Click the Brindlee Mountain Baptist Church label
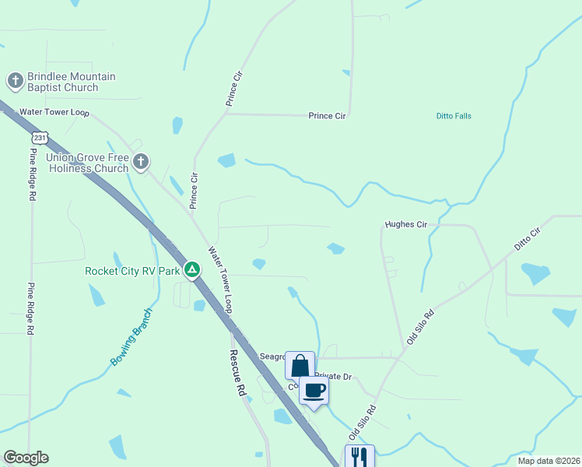tap(72, 82)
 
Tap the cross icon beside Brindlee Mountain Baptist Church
tap(15, 80)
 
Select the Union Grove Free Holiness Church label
tap(86, 163)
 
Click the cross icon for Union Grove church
tap(140, 162)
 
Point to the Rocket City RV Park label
tap(132, 271)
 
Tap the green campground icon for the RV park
tap(192, 270)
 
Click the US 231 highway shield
tap(41, 138)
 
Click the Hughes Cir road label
tap(406, 224)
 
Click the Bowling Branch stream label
tap(131, 336)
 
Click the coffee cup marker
tap(314, 390)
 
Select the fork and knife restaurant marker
tap(359, 456)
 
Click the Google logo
tap(26, 458)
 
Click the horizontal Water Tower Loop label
tap(54, 112)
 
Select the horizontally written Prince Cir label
tap(327, 116)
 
